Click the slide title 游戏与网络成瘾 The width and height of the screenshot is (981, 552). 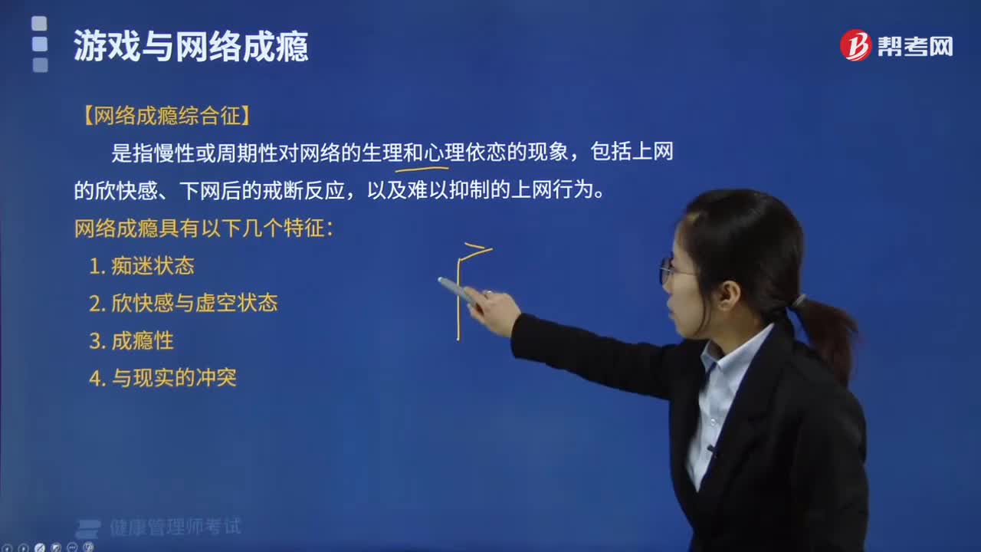click(x=191, y=47)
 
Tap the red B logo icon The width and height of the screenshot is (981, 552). click(x=855, y=45)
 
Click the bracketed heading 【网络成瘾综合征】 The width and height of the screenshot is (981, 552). click(x=166, y=116)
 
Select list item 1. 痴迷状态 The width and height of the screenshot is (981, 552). click(x=142, y=266)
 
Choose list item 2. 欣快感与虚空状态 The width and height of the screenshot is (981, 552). click(x=183, y=303)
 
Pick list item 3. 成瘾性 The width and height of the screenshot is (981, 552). click(x=131, y=341)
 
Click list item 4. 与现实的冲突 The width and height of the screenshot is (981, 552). click(x=162, y=378)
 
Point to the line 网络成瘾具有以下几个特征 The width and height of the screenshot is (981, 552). click(x=204, y=228)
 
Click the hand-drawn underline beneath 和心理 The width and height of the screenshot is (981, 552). click(x=422, y=168)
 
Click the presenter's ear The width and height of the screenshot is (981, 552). click(x=727, y=297)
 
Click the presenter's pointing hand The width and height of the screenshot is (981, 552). click(x=493, y=309)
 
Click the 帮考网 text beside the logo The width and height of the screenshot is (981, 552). click(x=915, y=47)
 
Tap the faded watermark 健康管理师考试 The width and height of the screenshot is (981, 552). click(x=176, y=527)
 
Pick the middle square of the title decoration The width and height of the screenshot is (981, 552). click(x=40, y=44)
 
